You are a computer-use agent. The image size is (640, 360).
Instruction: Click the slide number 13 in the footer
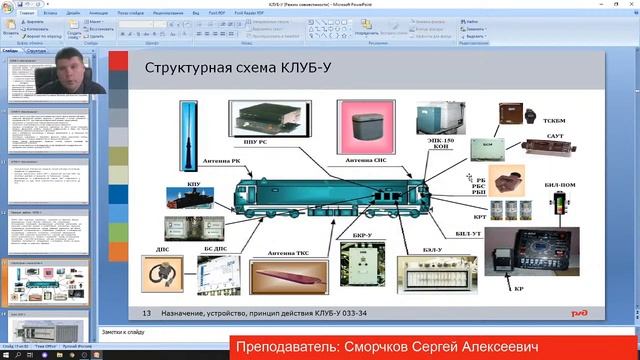click(x=146, y=312)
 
